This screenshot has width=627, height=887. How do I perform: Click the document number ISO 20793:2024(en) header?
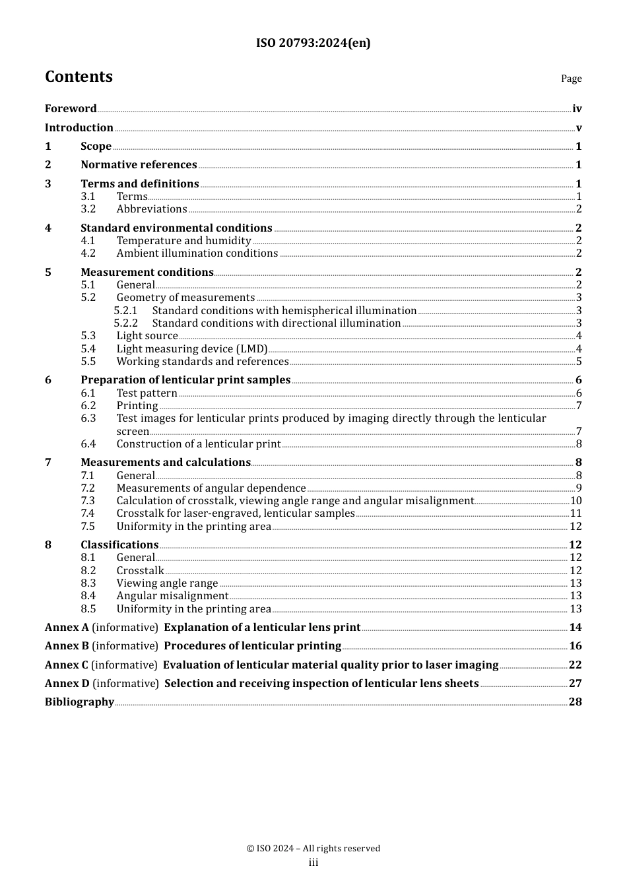313,44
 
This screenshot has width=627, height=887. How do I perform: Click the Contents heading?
79,77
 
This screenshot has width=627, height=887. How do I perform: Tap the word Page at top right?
571,79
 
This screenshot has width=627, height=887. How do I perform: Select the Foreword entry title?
71,109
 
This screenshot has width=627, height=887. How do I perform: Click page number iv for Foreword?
577,109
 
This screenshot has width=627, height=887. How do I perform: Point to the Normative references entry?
139,165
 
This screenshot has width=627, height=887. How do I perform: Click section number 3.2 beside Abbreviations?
88,209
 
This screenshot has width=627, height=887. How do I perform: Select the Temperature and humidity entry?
183,241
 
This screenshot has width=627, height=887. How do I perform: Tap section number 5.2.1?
125,311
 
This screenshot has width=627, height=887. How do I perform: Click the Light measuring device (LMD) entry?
192,349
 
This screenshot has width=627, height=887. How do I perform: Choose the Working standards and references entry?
203,362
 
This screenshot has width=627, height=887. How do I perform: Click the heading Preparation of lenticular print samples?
185,380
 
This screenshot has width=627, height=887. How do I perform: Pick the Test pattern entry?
147,393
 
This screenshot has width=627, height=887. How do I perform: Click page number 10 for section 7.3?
576,501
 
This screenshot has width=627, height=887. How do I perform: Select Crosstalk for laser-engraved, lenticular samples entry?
236,513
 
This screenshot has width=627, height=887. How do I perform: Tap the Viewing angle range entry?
167,583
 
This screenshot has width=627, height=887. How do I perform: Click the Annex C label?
66,665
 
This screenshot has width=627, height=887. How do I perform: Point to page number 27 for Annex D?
575,684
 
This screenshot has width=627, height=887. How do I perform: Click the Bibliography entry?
79,702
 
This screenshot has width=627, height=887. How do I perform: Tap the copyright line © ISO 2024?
313,849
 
